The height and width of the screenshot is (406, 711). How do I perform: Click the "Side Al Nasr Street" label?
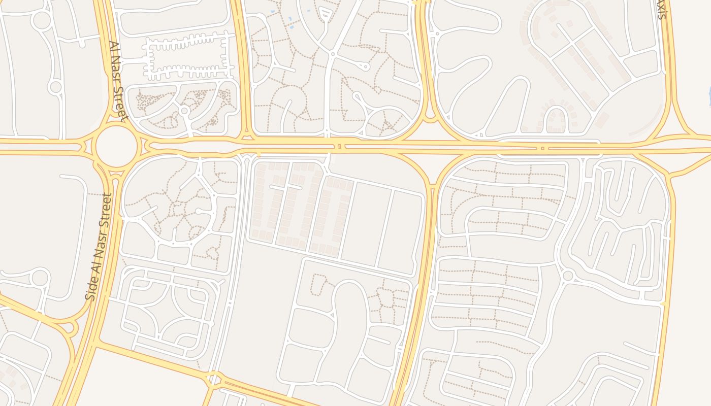99,247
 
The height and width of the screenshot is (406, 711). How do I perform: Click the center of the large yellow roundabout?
116,146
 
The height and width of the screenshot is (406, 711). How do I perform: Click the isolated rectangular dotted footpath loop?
319,284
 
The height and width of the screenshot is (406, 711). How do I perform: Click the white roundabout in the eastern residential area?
568,276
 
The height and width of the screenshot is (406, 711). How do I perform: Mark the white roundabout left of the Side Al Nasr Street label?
41,278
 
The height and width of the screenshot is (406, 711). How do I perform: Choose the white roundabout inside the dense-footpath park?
184,110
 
